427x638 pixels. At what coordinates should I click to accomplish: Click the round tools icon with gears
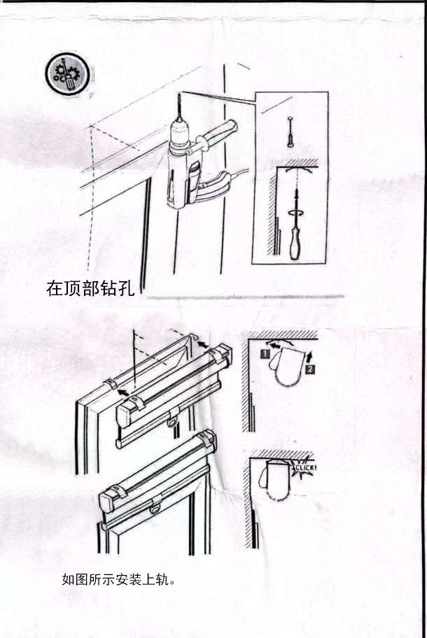point(67,73)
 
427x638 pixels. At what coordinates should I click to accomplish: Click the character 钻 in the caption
point(108,288)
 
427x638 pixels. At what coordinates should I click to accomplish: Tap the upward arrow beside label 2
point(311,353)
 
